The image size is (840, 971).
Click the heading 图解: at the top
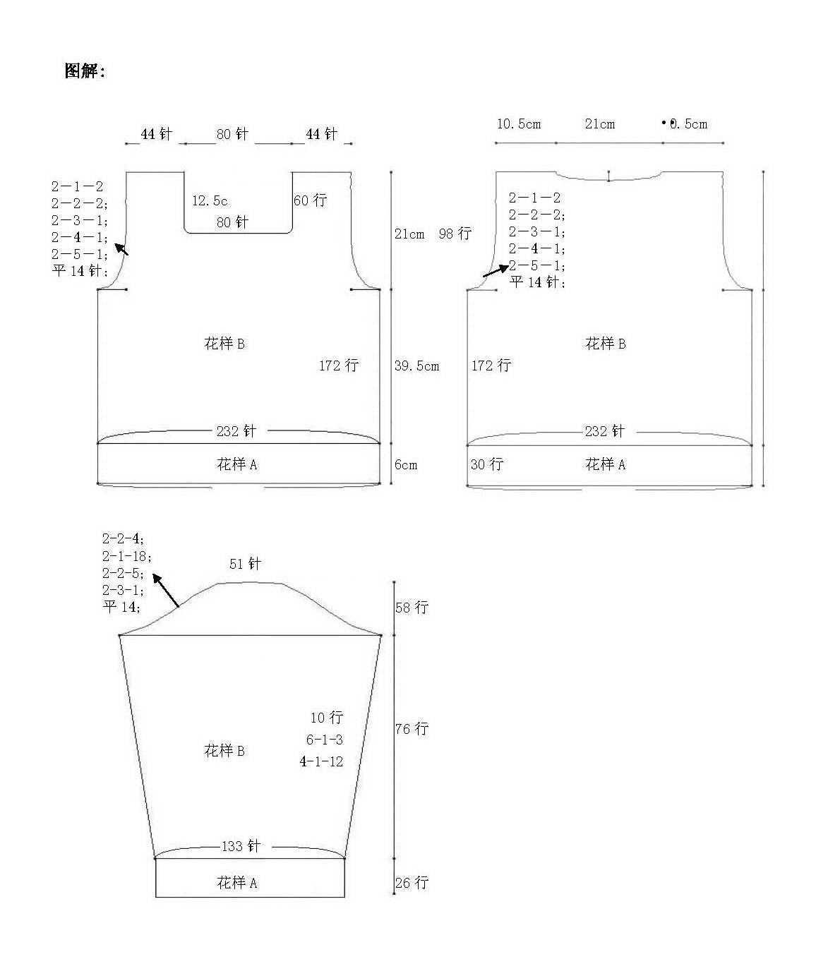click(x=85, y=71)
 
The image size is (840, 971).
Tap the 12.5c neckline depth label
click(x=210, y=201)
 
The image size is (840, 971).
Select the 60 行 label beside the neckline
click(x=310, y=200)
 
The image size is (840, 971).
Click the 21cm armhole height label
click(x=409, y=234)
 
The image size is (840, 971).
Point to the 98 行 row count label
click(x=455, y=234)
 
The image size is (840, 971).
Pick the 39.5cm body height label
click(x=416, y=366)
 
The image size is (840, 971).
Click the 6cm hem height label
click(x=406, y=465)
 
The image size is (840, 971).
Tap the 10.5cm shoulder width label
click(x=519, y=124)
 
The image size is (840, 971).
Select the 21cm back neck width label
click(x=600, y=124)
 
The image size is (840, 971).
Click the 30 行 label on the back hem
click(x=487, y=464)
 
